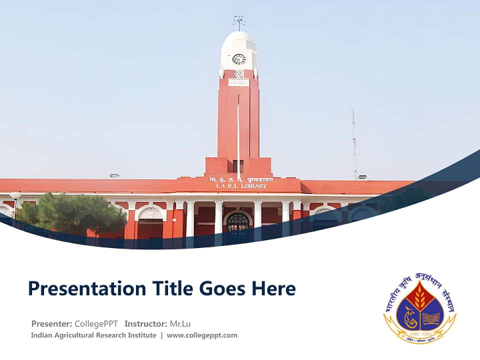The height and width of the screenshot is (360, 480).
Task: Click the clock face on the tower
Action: click(239, 59)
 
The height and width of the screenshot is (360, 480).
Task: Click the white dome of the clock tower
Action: click(239, 40)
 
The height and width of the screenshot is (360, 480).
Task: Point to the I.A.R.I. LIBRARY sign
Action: click(241, 186)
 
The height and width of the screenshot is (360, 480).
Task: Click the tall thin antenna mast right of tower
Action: click(353, 142)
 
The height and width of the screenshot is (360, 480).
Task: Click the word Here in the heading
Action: click(274, 289)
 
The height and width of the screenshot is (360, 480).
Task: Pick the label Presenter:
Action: click(51, 323)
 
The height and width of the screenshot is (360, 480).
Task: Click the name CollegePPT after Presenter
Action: click(96, 323)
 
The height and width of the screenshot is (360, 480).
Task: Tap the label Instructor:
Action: click(145, 323)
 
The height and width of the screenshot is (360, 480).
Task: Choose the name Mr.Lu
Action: click(180, 323)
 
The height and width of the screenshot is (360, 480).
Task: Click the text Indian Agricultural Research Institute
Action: click(93, 335)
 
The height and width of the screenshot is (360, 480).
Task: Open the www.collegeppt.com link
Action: click(202, 335)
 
